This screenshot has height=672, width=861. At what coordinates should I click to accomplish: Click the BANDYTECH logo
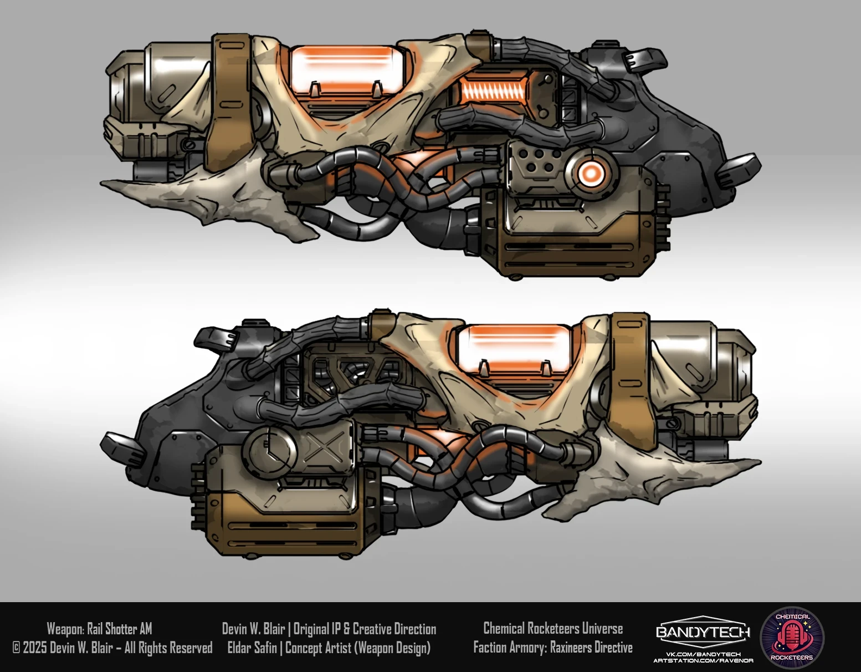(703, 632)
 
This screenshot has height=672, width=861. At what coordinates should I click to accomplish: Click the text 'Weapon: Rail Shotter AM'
(99, 629)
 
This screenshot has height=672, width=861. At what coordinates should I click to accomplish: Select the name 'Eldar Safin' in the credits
(252, 648)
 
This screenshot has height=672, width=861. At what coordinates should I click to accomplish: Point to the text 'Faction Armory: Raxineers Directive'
(552, 648)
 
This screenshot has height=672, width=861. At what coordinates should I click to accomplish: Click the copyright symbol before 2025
(16, 648)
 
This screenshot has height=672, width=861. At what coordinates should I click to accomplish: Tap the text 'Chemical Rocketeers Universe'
(552, 628)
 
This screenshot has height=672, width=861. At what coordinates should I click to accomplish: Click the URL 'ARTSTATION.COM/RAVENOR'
(703, 660)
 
